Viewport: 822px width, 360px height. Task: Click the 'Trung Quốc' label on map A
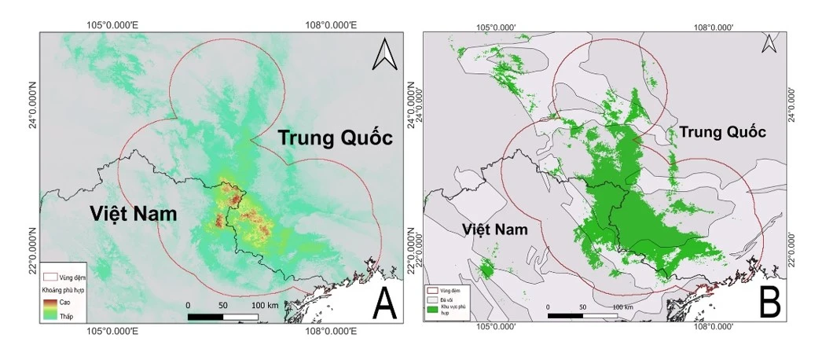pyautogui.click(x=335, y=138)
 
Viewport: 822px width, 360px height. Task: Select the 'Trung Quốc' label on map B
pyautogui.click(x=721, y=132)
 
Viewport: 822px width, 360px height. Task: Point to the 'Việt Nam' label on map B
pyautogui.click(x=494, y=229)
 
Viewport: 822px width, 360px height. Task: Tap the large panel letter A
pyautogui.click(x=383, y=303)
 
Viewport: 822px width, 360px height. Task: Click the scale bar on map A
pyautogui.click(x=223, y=316)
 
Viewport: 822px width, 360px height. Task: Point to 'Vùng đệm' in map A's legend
pyautogui.click(x=72, y=277)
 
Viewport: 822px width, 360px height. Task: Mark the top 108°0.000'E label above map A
pyautogui.click(x=331, y=25)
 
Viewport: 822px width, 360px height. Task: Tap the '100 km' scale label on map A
pyautogui.click(x=265, y=304)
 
